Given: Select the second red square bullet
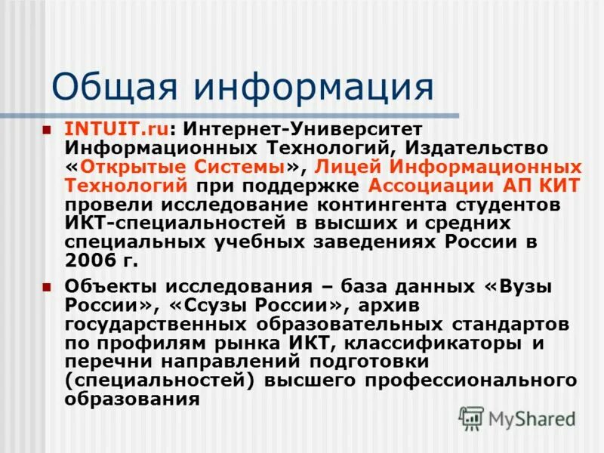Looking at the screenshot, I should (x=48, y=287).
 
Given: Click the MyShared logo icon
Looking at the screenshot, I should (x=471, y=417).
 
